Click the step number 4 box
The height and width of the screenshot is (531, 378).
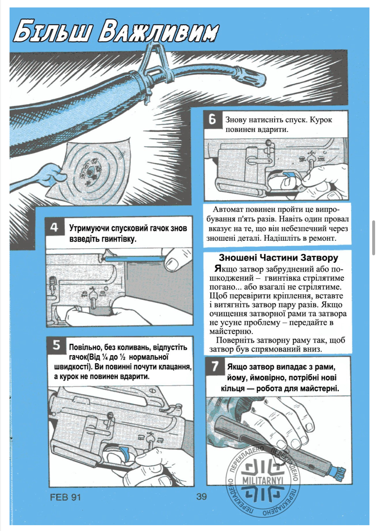point(54,227)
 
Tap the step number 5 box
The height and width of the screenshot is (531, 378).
point(57,345)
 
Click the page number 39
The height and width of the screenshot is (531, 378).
point(201,496)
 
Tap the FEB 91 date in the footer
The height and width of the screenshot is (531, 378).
point(65,497)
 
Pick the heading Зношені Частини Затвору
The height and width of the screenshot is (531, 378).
point(278,258)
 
